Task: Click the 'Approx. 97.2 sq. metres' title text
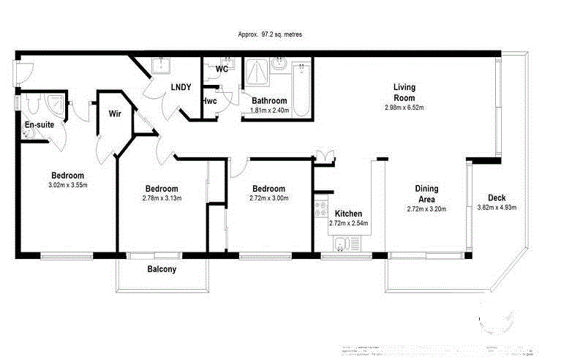(x=270, y=34)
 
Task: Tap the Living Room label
(x=404, y=92)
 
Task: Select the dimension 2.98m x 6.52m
(x=404, y=108)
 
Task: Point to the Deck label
(x=497, y=198)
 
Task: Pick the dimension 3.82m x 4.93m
(x=497, y=208)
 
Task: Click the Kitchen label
(x=348, y=214)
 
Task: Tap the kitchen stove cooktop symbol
(x=320, y=210)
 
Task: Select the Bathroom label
(x=270, y=101)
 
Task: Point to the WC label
(x=222, y=70)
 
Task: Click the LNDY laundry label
(x=181, y=87)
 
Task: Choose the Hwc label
(x=209, y=101)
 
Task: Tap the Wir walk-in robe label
(x=115, y=113)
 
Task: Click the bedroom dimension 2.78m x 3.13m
(x=162, y=198)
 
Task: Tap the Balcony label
(x=162, y=269)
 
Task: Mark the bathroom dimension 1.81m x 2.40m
(x=270, y=110)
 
